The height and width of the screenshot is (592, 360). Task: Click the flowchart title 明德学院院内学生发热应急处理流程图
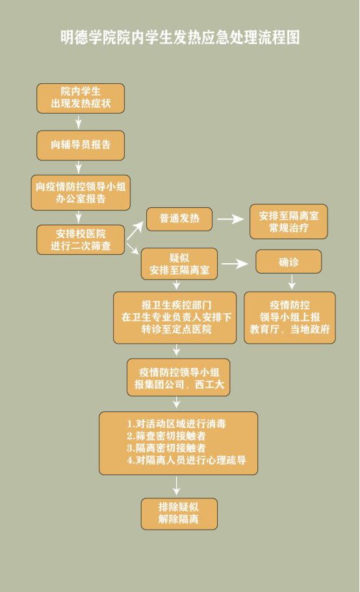pos(180,38)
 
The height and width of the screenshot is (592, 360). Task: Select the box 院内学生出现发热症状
pos(81,98)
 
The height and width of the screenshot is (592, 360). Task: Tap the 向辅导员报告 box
pos(81,146)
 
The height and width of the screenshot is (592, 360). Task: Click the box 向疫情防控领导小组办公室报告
pos(81,192)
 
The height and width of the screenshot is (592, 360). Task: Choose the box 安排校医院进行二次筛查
pos(81,240)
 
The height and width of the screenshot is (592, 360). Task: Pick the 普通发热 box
pos(179,219)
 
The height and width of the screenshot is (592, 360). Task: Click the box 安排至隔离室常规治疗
pos(289,222)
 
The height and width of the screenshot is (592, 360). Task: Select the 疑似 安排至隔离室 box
pos(179,264)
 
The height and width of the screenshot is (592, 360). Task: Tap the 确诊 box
pos(289,262)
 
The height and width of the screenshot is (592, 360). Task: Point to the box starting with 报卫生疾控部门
pos(175,318)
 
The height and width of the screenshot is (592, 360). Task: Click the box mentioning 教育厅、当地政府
pos(290,318)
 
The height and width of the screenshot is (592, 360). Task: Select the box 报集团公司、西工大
pos(179,378)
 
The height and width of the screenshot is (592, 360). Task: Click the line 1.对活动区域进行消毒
pos(177,424)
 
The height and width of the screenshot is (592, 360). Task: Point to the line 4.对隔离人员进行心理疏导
pos(186,460)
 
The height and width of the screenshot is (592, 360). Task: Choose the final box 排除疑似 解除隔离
pos(179,514)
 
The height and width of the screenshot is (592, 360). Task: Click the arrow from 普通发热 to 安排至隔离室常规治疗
pos(231,219)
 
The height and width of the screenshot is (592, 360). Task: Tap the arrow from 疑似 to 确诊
pos(235,264)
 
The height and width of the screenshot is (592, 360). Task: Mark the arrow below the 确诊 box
pos(292,282)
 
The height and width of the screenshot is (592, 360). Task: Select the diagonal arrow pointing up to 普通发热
pos(135,230)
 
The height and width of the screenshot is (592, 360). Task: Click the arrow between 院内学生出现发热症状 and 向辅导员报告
pos(79,122)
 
